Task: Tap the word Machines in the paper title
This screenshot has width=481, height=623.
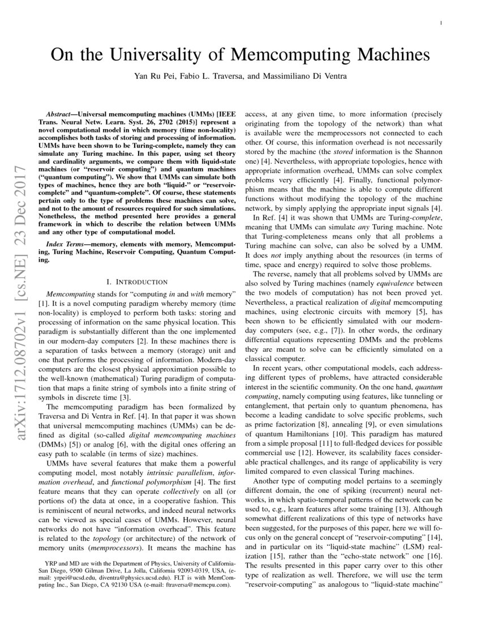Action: tap(386, 55)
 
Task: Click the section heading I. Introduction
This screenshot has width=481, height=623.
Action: tap(137, 281)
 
